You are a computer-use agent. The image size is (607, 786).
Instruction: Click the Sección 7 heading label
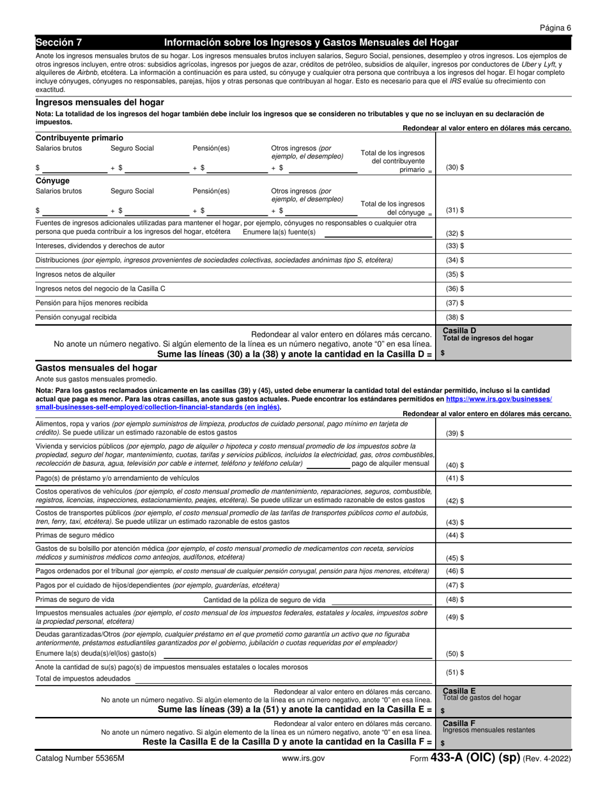pos(59,43)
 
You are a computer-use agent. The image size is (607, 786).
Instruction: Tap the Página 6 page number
pos(555,27)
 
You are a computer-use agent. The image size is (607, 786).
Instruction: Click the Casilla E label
pos(459,691)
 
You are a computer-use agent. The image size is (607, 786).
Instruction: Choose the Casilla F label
pos(459,722)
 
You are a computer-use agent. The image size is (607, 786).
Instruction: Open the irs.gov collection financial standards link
pos(294,403)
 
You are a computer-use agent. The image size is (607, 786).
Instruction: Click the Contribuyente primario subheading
pos(79,138)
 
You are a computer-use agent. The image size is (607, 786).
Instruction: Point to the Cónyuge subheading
pos(52,181)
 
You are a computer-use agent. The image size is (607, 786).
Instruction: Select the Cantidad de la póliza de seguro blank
pos(382,600)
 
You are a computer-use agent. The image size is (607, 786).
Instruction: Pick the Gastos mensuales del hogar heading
pos(96,368)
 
